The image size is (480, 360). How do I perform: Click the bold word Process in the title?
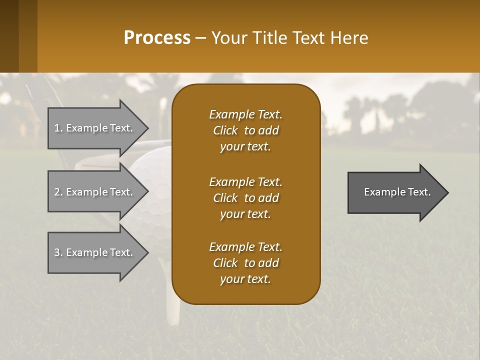[x=157, y=38]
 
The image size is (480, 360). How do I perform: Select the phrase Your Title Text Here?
[x=290, y=38]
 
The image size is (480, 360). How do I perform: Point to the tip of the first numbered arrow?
[x=147, y=128]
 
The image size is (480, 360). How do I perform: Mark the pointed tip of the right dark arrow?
[x=447, y=192]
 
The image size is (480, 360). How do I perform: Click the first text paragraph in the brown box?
[x=245, y=130]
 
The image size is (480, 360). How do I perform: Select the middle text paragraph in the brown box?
[x=245, y=198]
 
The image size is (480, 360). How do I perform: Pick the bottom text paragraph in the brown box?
[x=245, y=263]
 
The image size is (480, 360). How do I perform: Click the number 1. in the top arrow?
[x=58, y=128]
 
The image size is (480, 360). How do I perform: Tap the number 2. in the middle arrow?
[x=58, y=192]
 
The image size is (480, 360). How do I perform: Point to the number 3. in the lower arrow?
[x=58, y=252]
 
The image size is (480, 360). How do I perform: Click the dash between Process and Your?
[x=201, y=38]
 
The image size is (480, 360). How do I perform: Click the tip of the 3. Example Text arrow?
[x=147, y=252]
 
